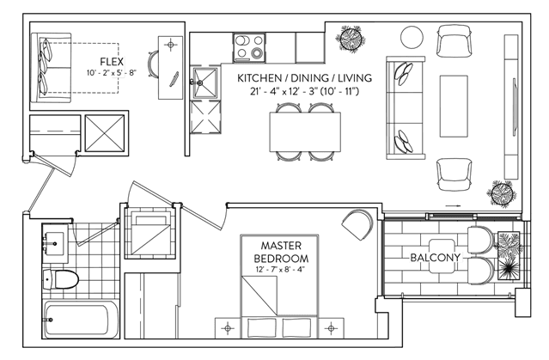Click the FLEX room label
point(112,62)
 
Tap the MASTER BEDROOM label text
point(281,252)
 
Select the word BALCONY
point(436,258)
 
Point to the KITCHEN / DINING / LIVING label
point(304,78)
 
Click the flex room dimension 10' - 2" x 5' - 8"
point(112,73)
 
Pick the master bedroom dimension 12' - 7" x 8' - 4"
point(281,270)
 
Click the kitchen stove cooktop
point(249,48)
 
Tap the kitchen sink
point(204,83)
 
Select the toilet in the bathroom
point(60,279)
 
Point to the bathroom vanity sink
point(55,244)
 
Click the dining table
point(305,131)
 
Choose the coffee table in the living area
point(454,106)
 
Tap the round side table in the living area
point(412,38)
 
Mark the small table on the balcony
point(442,256)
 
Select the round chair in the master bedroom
point(357,224)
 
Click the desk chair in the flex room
point(153,64)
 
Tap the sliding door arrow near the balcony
point(453,206)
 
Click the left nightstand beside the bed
point(228,328)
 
